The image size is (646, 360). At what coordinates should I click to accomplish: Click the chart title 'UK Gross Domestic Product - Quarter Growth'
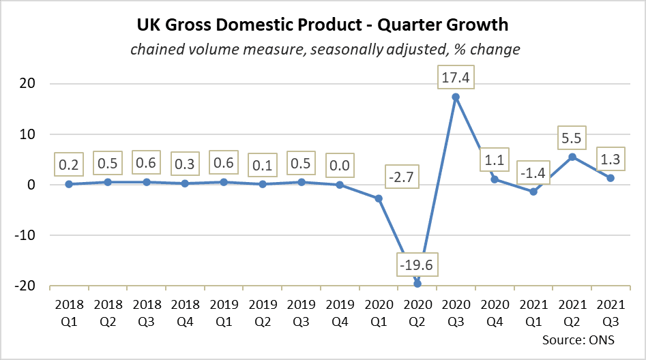pyautogui.click(x=323, y=25)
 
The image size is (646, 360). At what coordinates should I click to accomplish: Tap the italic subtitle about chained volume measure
pyautogui.click(x=323, y=49)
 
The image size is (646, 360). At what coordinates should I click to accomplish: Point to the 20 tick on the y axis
pyautogui.click(x=31, y=84)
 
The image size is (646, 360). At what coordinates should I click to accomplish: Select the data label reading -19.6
pyautogui.click(x=417, y=262)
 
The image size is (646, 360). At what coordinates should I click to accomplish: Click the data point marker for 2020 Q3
pyautogui.click(x=456, y=97)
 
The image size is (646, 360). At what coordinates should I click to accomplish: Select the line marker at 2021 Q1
pyautogui.click(x=533, y=192)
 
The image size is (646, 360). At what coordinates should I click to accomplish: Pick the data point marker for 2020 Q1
pyautogui.click(x=379, y=198)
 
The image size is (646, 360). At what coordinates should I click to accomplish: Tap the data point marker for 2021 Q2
pyautogui.click(x=572, y=157)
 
